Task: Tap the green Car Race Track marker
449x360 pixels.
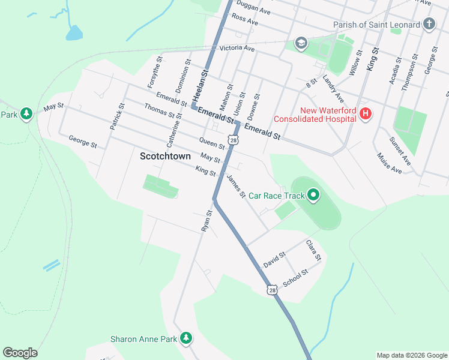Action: point(313,194)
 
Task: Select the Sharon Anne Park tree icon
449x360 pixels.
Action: point(187,338)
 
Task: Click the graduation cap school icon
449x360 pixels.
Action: point(301,43)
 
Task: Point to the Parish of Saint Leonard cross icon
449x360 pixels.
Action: point(429,25)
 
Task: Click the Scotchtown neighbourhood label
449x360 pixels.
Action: point(165,156)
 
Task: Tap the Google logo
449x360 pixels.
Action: point(20,353)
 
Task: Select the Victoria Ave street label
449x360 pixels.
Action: point(237,48)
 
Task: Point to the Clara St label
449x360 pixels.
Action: point(314,250)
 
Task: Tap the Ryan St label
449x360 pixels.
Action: point(206,221)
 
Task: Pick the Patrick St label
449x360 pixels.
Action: point(116,116)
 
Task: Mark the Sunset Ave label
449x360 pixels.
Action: point(400,152)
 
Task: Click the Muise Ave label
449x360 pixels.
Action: point(388,166)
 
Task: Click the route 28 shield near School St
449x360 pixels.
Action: point(273,290)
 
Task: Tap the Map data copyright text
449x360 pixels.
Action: point(411,355)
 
